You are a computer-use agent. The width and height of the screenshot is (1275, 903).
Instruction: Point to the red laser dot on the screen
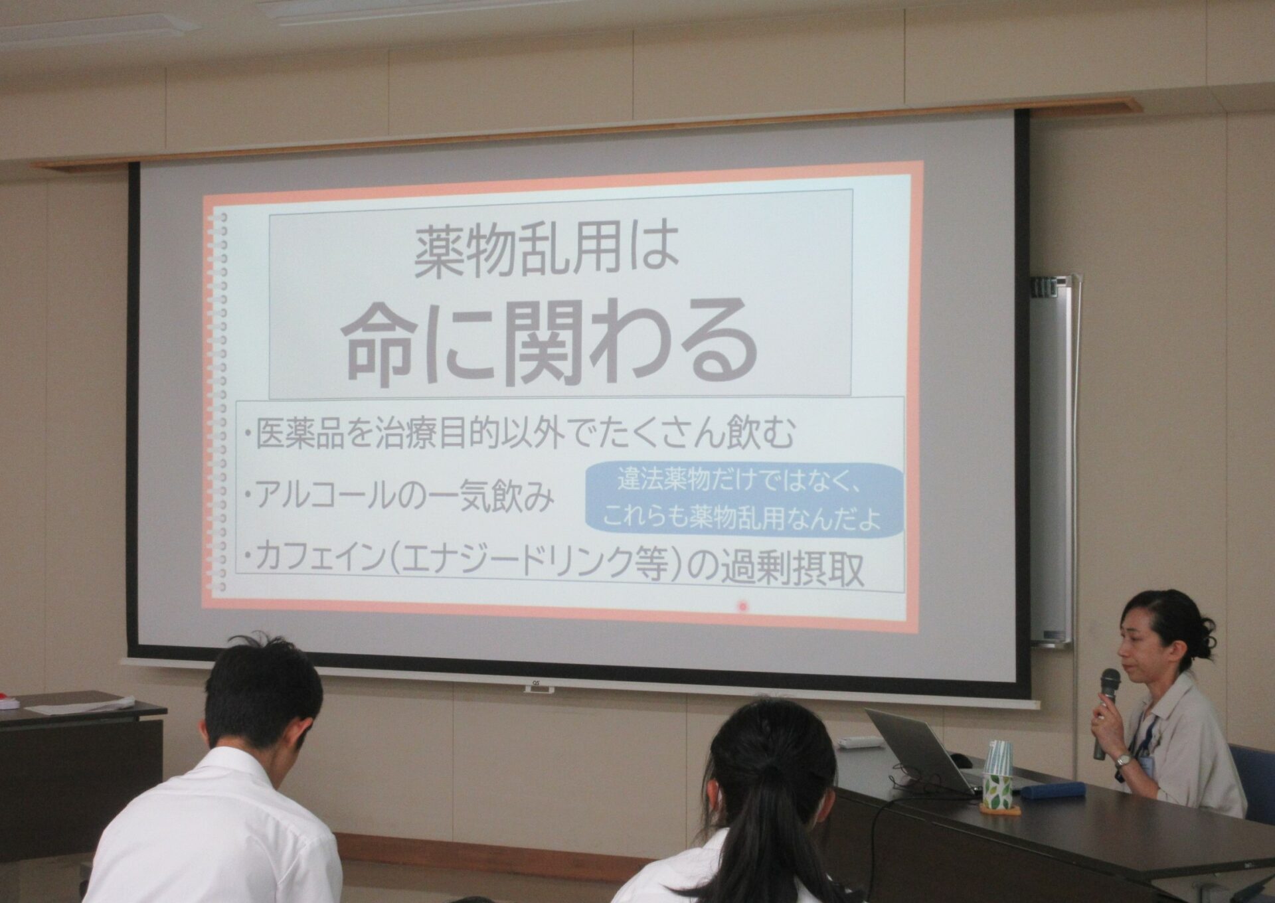tap(742, 606)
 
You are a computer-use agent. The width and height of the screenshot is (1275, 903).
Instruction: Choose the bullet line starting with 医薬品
tap(519, 433)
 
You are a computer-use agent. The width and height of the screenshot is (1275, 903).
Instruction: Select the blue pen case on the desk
tap(1053, 791)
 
